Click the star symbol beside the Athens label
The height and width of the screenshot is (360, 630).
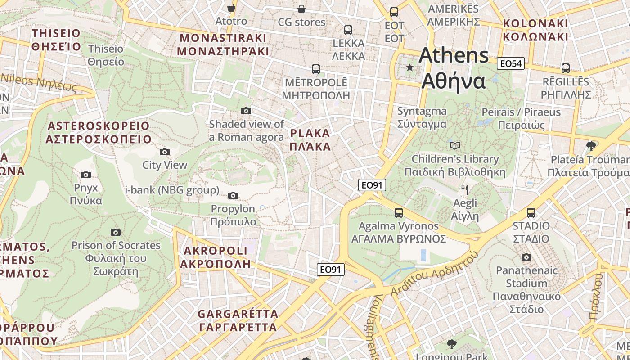pos(409,67)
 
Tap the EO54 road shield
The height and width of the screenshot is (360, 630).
pos(511,63)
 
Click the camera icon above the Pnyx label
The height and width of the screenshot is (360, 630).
pos(86,175)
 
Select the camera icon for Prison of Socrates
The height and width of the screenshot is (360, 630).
pos(116,232)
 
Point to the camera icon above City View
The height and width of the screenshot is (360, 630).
pos(165,152)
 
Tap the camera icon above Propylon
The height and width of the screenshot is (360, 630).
pos(233,195)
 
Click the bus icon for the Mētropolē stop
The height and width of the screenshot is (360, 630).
pos(316,69)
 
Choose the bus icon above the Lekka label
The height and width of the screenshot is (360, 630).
pos(348,30)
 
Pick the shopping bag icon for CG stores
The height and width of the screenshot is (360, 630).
pos(301,9)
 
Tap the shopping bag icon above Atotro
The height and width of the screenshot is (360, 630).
pos(231,8)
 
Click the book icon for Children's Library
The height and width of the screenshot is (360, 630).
pos(455,145)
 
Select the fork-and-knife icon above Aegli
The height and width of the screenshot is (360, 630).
pos(465,190)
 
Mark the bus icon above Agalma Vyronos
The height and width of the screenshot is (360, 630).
pos(399,212)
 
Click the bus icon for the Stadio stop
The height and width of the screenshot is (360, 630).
pos(531,212)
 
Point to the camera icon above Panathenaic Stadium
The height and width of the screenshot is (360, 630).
pos(526,257)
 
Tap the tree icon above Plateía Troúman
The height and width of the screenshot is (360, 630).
pos(591,146)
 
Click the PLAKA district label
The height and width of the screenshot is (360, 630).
pos(310,140)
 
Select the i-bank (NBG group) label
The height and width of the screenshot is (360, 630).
pos(172,190)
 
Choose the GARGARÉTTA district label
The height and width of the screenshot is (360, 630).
pos(238,320)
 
